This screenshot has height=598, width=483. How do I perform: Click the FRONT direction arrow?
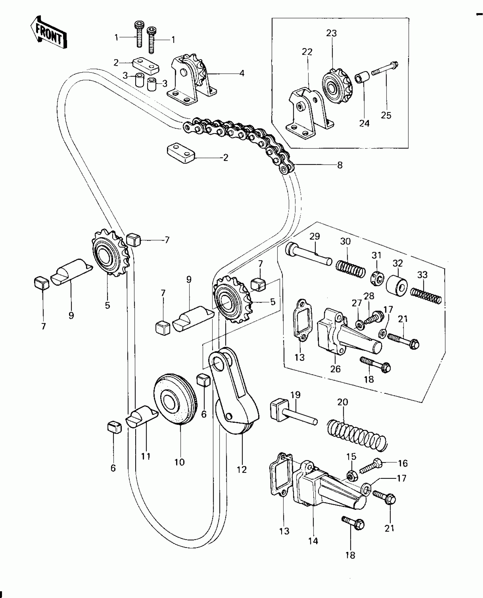coord(49,35)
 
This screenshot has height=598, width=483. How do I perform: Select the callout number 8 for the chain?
coord(340,165)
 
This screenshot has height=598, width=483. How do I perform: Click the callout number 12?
coord(242,469)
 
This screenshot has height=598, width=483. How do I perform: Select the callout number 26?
coord(335,369)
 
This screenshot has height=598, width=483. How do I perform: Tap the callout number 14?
coord(313,541)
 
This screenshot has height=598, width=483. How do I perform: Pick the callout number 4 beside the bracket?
coord(241,73)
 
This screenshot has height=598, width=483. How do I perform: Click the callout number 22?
coord(307,52)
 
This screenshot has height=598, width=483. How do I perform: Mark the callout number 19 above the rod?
coord(295,395)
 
